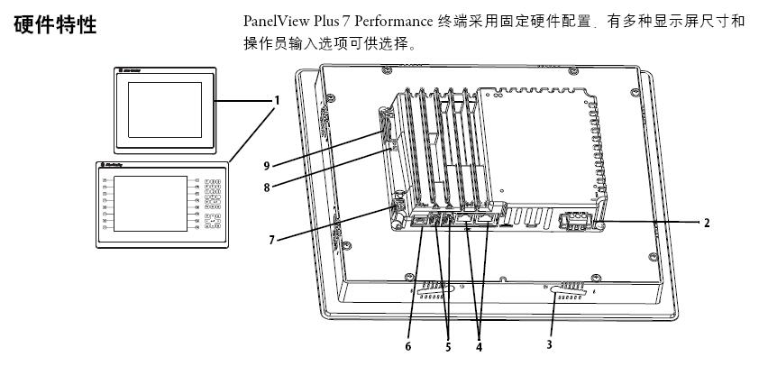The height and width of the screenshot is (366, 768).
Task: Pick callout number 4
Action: click(x=478, y=344)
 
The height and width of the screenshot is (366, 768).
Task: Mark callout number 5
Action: click(x=447, y=344)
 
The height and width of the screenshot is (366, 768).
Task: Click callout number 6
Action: click(x=408, y=344)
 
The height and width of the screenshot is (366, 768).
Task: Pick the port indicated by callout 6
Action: click(x=420, y=220)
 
